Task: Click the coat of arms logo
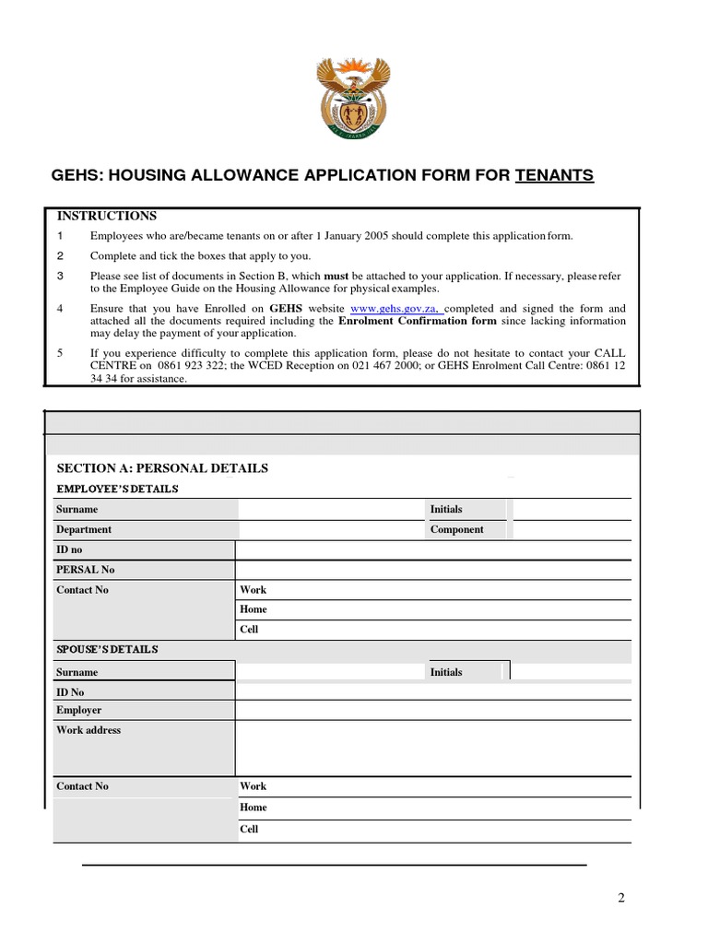(353, 98)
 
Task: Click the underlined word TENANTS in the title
(554, 175)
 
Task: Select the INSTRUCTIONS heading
(107, 216)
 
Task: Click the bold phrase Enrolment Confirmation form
(417, 321)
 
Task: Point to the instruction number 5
(60, 353)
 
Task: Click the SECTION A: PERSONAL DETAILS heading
(162, 468)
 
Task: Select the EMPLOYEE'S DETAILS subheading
(117, 489)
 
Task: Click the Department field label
(84, 530)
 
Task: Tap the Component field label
(456, 530)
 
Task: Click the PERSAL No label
(85, 570)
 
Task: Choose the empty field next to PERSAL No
(433, 570)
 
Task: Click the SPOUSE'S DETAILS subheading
(107, 650)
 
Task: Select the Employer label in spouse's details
(78, 711)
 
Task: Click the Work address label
(88, 730)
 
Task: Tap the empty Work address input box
(433, 748)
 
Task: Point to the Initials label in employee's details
(446, 509)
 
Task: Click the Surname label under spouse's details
(77, 673)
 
